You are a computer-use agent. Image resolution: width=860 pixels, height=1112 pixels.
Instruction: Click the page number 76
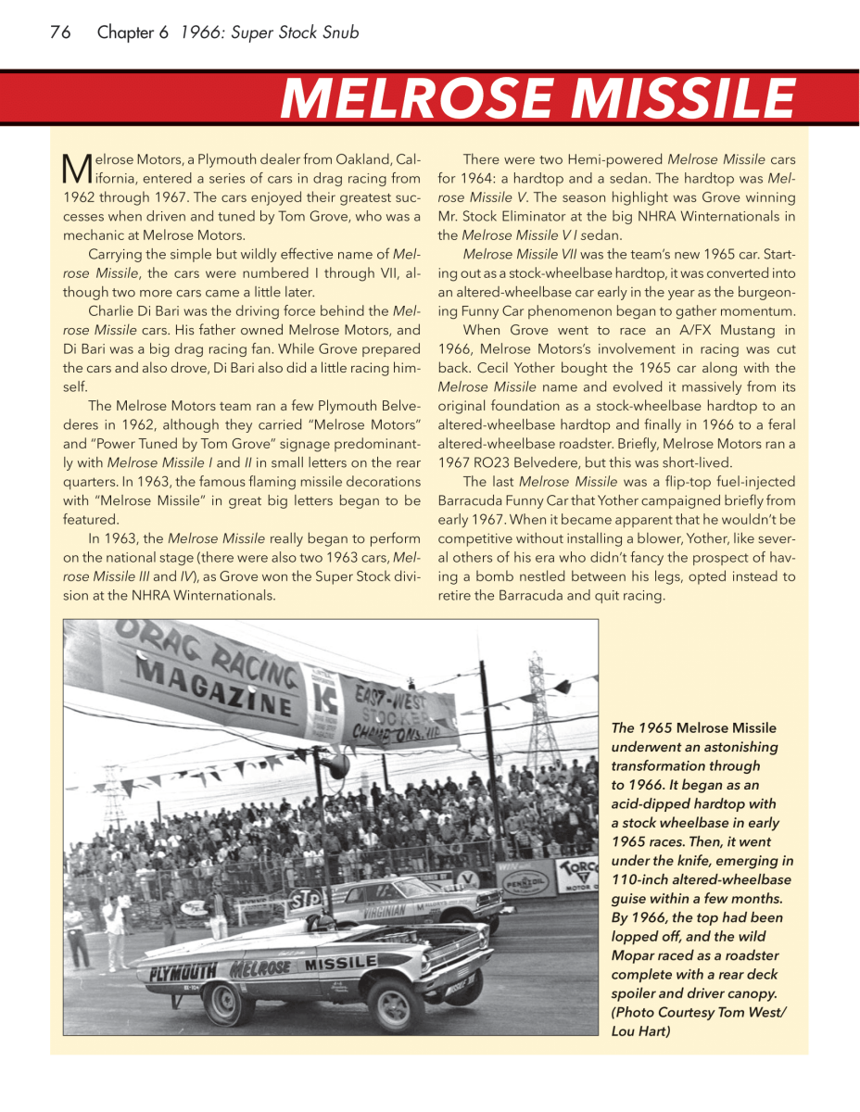(x=60, y=32)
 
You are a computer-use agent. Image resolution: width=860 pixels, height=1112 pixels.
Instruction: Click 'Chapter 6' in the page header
(x=133, y=32)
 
